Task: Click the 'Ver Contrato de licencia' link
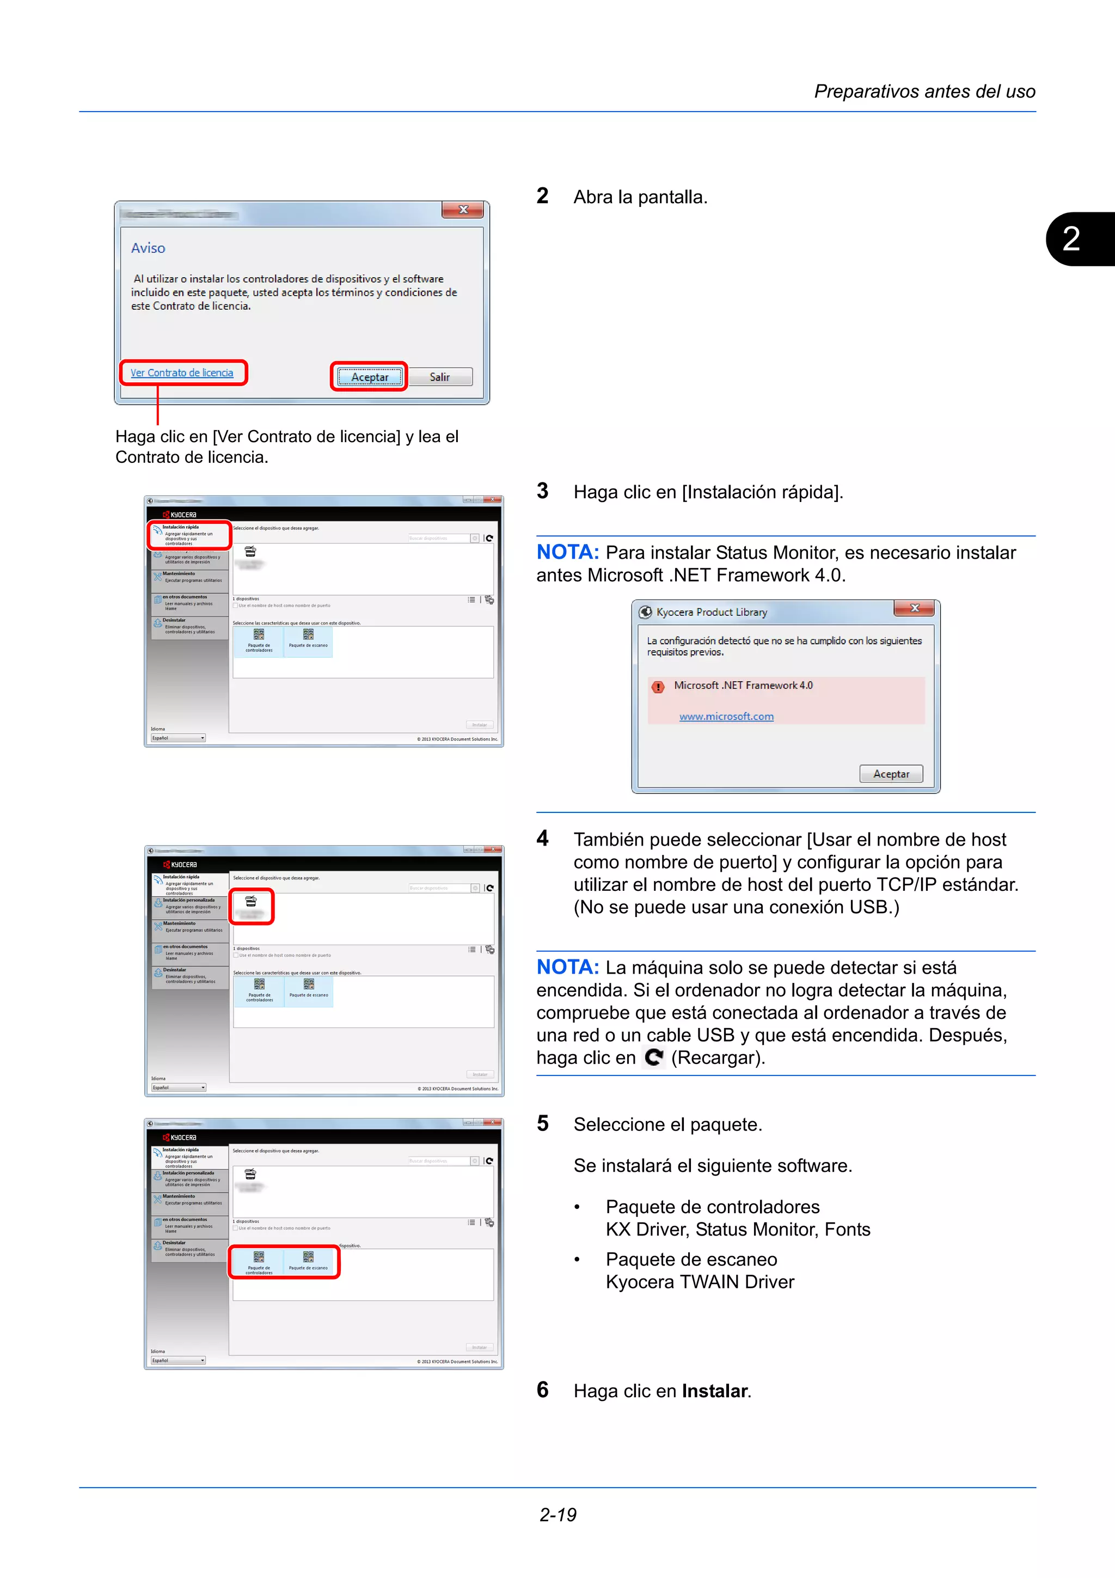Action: (182, 373)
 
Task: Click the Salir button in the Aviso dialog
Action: (440, 377)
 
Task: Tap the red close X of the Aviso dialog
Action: (464, 210)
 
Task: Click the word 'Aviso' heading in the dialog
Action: (149, 248)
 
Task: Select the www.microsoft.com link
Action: (726, 717)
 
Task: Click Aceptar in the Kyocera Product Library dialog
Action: (891, 774)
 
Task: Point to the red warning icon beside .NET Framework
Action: (658, 687)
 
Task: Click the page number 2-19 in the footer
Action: (558, 1515)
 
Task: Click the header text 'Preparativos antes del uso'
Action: (924, 91)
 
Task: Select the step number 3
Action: (543, 491)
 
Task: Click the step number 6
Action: (543, 1390)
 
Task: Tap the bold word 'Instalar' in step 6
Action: (714, 1391)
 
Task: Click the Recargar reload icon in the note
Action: (654, 1057)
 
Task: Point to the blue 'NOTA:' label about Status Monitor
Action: (567, 552)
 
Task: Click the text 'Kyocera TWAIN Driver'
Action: (700, 1282)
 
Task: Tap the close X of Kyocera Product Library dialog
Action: (915, 608)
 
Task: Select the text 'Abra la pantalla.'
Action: (640, 197)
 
